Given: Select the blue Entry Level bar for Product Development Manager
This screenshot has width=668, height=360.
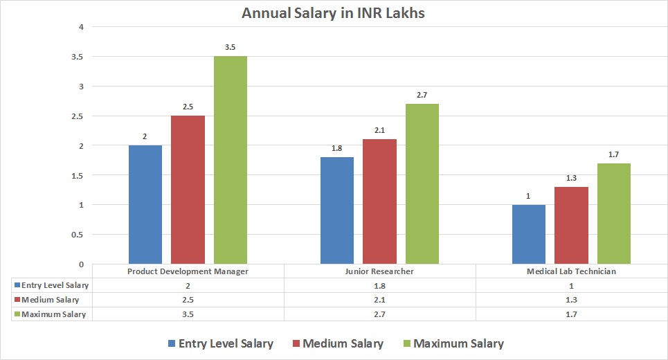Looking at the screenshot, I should pyautogui.click(x=145, y=204).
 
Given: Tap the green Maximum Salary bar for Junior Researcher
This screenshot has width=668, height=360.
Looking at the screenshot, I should pyautogui.click(x=422, y=183).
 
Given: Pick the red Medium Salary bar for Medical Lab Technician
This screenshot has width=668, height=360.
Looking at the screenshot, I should pyautogui.click(x=571, y=225).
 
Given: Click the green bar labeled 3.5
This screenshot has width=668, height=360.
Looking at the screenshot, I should pyautogui.click(x=230, y=159).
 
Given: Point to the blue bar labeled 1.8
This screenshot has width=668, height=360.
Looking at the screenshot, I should pyautogui.click(x=337, y=210).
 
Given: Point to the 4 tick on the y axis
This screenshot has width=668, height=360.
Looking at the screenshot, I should pyautogui.click(x=81, y=27).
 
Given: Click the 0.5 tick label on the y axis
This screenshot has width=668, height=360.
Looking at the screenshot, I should pyautogui.click(x=76, y=235).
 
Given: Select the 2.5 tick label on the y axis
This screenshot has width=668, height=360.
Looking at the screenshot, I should pyautogui.click(x=76, y=116).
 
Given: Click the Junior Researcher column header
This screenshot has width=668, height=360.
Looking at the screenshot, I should pyautogui.click(x=380, y=271).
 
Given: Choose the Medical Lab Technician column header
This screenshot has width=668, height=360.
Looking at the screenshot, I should pyautogui.click(x=571, y=271).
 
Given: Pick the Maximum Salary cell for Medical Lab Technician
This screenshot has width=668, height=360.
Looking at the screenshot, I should pyautogui.click(x=571, y=314).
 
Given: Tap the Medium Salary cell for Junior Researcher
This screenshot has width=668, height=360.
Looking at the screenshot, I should pyautogui.click(x=380, y=300).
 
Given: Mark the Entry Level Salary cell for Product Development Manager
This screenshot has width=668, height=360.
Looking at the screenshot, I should pyautogui.click(x=188, y=285).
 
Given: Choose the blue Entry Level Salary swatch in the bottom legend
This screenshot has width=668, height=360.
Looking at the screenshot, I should pyautogui.click(x=171, y=343).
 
